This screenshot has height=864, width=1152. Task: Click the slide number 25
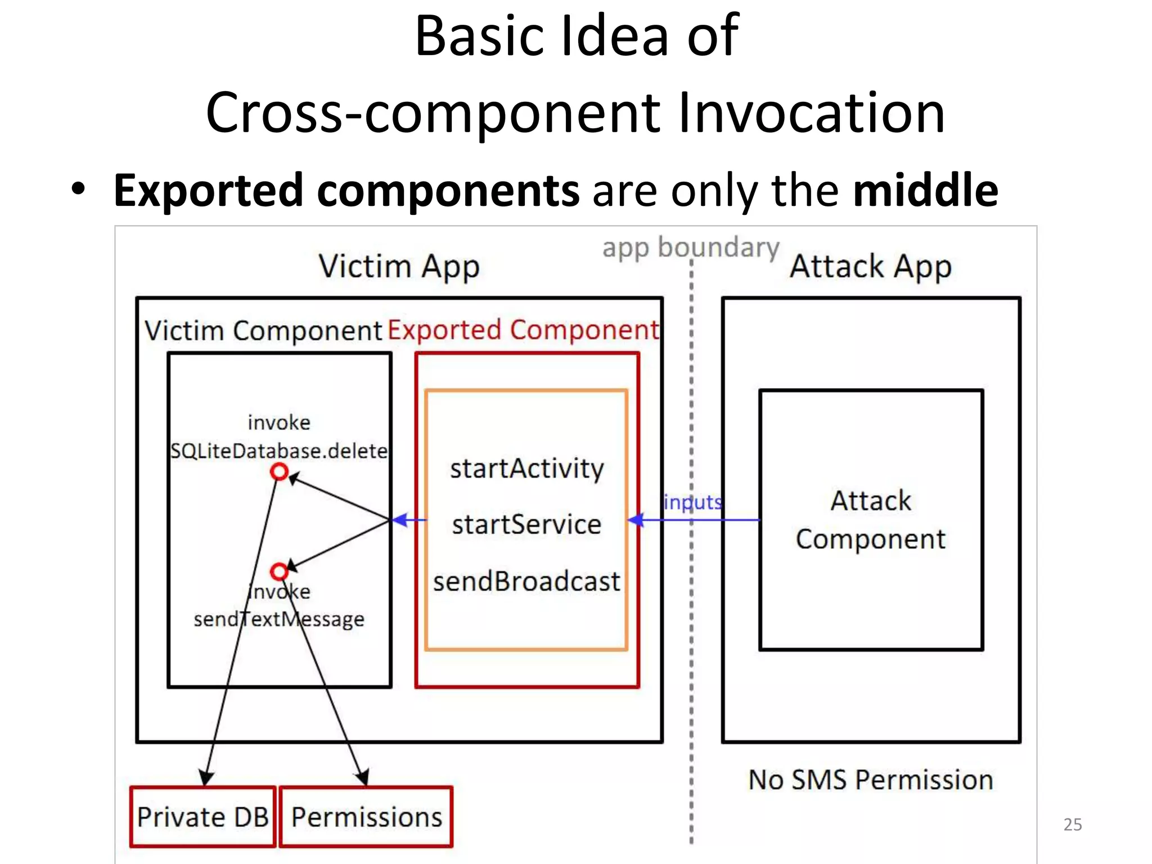click(x=1072, y=824)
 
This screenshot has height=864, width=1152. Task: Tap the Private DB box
click(x=202, y=817)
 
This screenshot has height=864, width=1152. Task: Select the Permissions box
click(x=366, y=817)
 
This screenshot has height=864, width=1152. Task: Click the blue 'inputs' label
click(x=692, y=502)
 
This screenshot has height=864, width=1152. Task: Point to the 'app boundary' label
click(x=690, y=247)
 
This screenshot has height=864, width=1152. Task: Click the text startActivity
click(x=526, y=468)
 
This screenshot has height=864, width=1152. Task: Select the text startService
click(x=526, y=524)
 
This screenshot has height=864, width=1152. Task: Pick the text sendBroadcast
click(x=526, y=581)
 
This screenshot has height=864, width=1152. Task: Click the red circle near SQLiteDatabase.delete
click(x=279, y=471)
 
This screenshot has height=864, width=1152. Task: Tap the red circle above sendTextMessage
click(x=279, y=572)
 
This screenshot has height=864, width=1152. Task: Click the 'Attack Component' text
click(x=871, y=520)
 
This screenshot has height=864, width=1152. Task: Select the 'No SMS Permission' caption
click(x=871, y=780)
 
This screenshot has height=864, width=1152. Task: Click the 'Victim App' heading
click(x=399, y=266)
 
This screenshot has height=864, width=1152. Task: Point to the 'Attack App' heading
click(x=871, y=266)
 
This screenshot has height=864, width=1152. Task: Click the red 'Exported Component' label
click(x=523, y=330)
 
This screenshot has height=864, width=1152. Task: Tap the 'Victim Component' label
click(x=263, y=331)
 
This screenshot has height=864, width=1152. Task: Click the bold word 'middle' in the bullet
click(x=925, y=190)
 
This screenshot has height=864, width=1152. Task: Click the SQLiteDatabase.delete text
click(x=279, y=451)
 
